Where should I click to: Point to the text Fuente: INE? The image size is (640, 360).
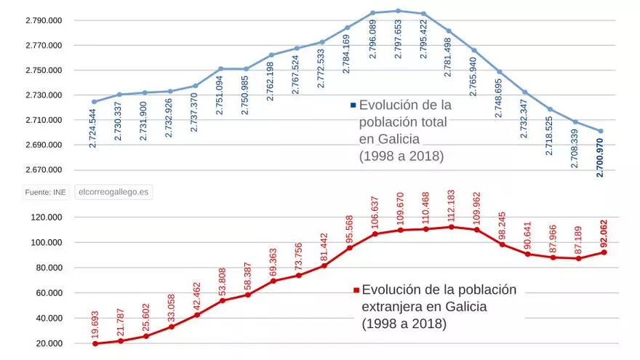pyautogui.click(x=45, y=192)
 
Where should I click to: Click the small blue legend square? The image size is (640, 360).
pyautogui.click(x=353, y=105)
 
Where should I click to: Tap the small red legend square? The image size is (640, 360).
pyautogui.click(x=356, y=290)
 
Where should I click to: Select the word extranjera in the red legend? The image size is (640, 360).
pyautogui.click(x=392, y=306)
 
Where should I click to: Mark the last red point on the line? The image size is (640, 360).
pyautogui.click(x=604, y=252)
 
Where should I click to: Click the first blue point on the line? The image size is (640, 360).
pyautogui.click(x=94, y=102)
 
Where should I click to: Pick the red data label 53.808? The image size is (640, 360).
pyautogui.click(x=223, y=280)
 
